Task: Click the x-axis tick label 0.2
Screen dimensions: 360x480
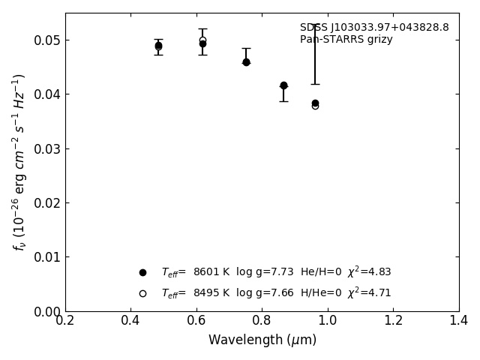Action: [65, 320]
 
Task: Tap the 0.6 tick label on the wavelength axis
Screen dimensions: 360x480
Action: [196, 320]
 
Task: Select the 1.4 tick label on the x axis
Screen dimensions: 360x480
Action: [458, 320]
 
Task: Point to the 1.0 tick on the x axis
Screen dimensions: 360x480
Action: [328, 320]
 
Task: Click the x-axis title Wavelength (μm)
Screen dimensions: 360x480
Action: [262, 340]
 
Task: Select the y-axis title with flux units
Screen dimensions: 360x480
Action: [19, 162]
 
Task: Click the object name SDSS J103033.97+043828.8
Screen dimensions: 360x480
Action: [374, 28]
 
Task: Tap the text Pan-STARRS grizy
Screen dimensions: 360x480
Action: [346, 40]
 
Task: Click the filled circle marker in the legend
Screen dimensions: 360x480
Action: [142, 272]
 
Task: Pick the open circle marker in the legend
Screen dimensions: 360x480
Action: [142, 293]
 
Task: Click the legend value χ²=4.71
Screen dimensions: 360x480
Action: [369, 292]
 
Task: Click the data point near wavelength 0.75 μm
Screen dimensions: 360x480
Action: [246, 62]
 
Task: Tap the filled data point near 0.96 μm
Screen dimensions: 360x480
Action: [315, 103]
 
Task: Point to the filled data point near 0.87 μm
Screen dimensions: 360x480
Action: [283, 85]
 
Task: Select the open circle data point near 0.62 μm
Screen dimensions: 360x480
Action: [202, 40]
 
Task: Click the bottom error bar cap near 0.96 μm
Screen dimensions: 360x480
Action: [315, 84]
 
